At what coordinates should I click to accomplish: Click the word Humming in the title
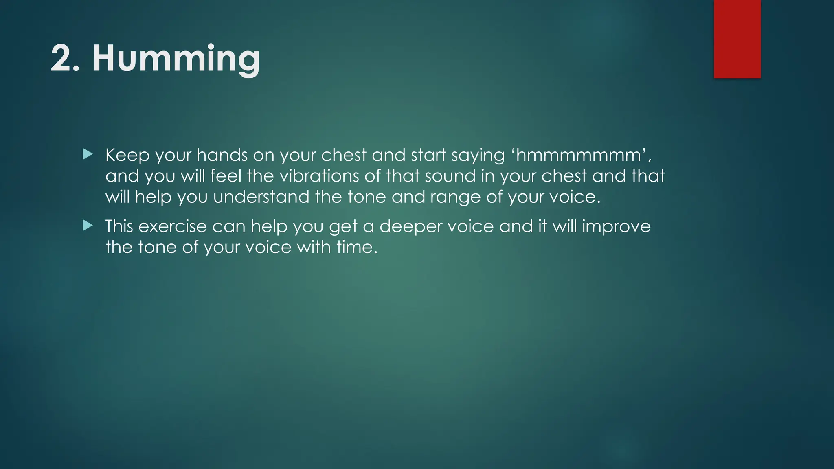pos(176,59)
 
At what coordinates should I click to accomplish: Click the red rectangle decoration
pos(737,39)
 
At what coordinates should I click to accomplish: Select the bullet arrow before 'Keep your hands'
pos(88,154)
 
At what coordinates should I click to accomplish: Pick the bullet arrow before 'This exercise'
pos(88,226)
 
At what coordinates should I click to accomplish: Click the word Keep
pos(127,156)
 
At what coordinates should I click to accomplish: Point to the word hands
pos(222,156)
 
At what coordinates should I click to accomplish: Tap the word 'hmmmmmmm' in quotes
pos(578,156)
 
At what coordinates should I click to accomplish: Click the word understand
pos(261,197)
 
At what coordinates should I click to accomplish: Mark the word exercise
pos(173,227)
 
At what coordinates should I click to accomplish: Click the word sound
pos(450,176)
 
